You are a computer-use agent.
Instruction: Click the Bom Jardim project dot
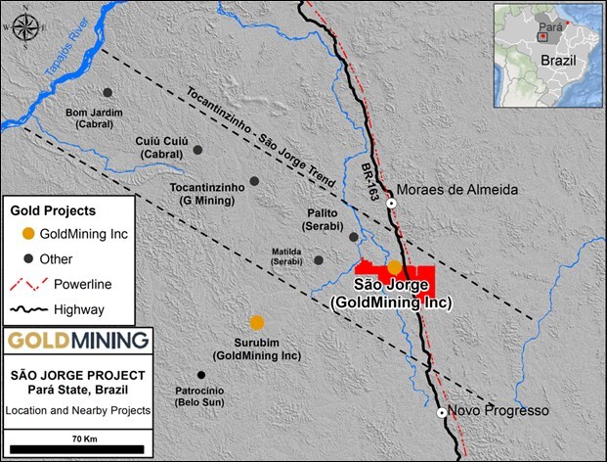[108, 92]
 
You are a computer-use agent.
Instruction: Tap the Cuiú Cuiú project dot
[197, 150]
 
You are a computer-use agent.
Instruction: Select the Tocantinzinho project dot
[254, 181]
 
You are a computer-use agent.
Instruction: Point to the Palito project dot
[353, 236]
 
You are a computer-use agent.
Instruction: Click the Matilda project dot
[319, 260]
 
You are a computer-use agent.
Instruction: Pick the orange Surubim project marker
[256, 322]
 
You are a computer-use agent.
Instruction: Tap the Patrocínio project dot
[201, 375]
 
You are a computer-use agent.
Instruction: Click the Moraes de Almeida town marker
[391, 204]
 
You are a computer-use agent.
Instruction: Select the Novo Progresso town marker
[442, 412]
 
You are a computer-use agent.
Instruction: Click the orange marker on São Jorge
[394, 266]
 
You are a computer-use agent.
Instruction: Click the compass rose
[24, 25]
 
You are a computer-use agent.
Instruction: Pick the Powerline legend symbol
[30, 284]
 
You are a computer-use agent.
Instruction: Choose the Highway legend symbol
[30, 309]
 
